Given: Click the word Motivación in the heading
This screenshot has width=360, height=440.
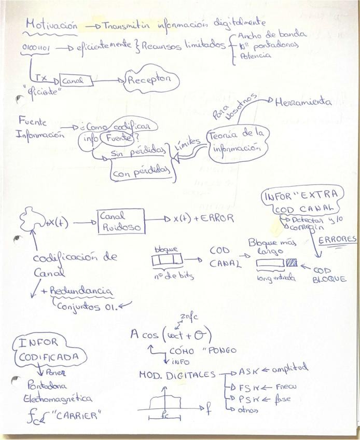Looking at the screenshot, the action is click(52, 25).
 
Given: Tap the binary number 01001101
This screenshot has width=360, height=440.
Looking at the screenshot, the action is click(36, 48).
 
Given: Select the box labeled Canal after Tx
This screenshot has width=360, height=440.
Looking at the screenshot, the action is click(77, 80).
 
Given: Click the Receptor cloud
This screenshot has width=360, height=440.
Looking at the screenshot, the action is click(150, 80).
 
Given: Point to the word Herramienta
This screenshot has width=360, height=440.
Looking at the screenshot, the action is click(303, 102).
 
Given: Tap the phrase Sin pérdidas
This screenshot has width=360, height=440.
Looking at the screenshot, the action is click(138, 154).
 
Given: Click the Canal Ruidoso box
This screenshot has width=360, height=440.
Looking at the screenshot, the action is click(120, 221).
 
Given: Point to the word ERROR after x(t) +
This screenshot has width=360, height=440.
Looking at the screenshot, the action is click(215, 218).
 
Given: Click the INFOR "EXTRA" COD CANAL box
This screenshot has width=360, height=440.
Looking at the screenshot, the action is click(302, 202).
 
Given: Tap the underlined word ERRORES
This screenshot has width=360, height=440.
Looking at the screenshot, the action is click(337, 240).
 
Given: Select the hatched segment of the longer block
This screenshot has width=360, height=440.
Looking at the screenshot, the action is click(292, 263).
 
